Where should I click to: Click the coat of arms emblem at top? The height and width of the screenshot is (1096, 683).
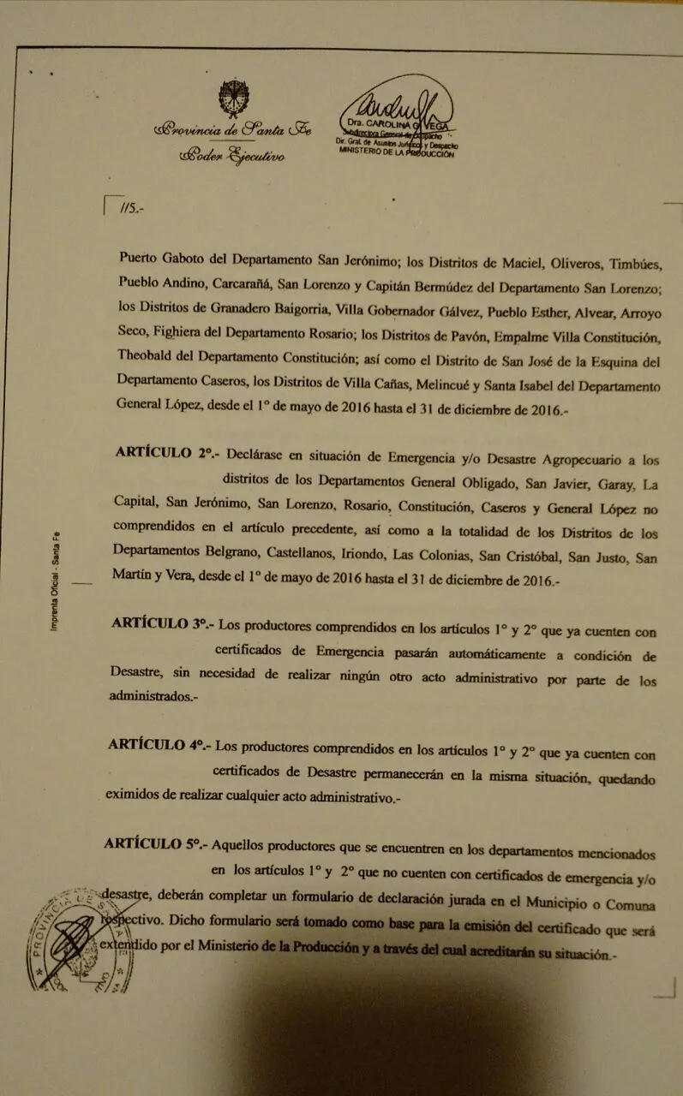coord(233,98)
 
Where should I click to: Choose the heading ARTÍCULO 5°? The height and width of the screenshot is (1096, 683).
coord(155,843)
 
